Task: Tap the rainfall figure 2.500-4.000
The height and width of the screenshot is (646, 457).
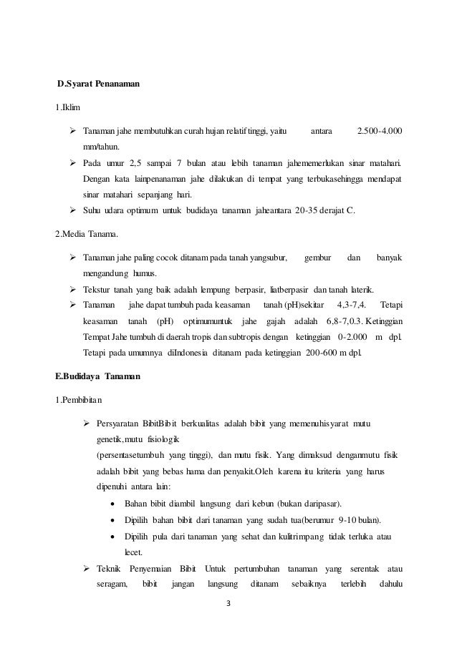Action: coord(379,132)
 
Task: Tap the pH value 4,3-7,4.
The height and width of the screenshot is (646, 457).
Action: coord(351,307)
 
